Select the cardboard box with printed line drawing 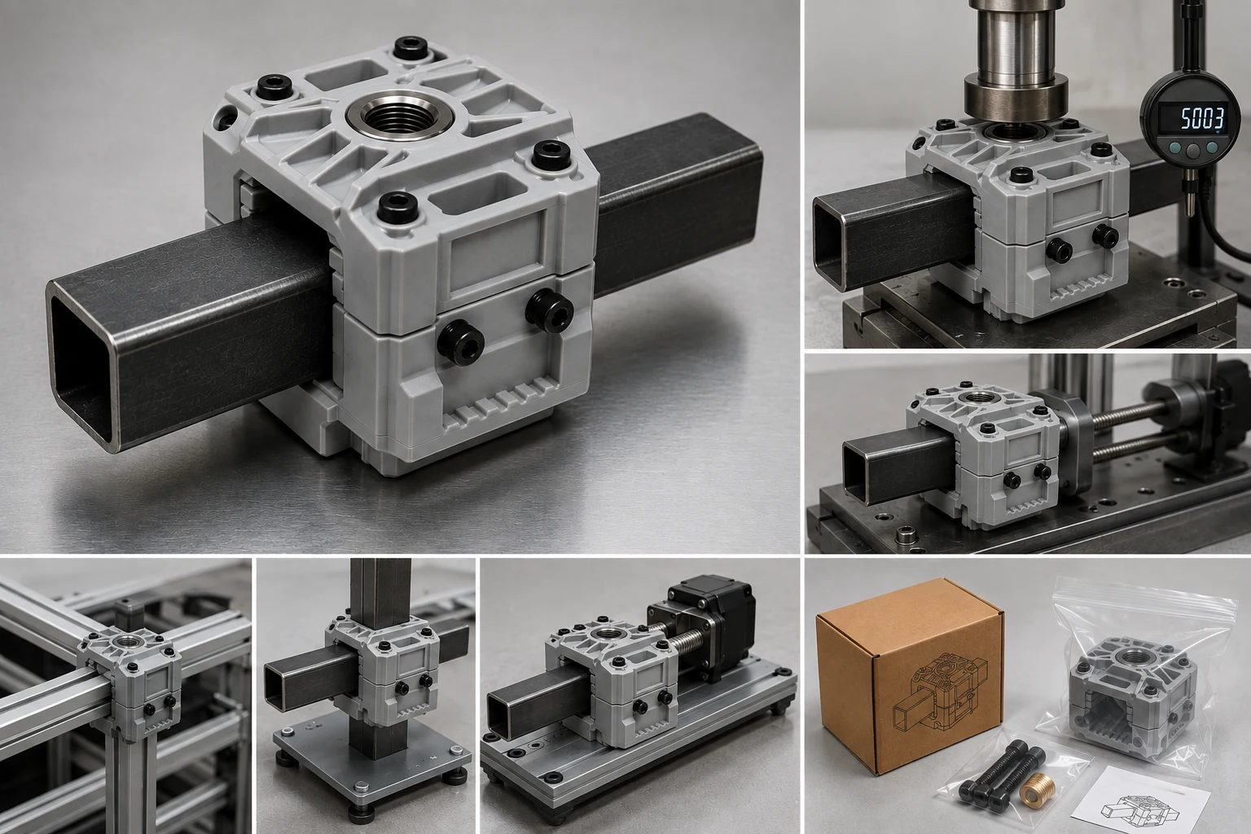tap(909, 675)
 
